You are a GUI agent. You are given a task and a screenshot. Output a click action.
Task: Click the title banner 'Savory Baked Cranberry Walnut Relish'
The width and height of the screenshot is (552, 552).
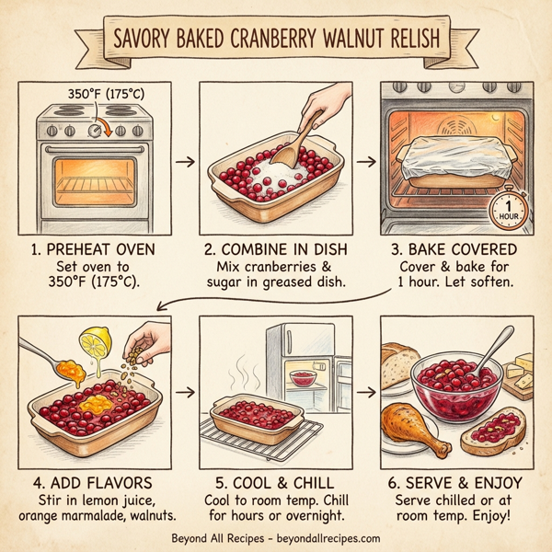(276, 41)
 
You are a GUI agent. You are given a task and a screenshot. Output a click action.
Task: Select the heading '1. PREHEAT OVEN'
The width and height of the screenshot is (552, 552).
(95, 250)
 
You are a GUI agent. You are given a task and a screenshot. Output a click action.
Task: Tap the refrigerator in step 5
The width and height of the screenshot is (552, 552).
(299, 363)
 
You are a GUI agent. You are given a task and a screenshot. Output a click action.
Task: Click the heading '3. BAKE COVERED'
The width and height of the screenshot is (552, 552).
(457, 250)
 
